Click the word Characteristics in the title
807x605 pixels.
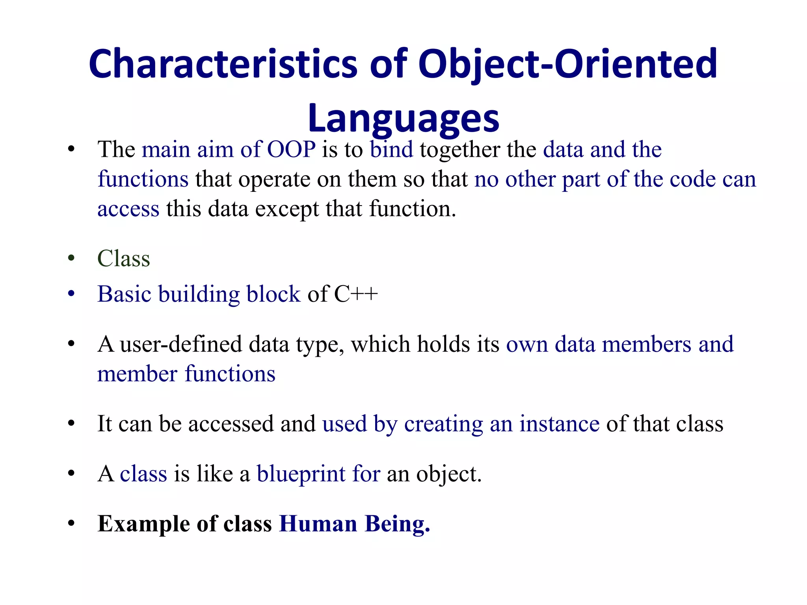click(223, 64)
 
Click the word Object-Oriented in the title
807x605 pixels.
click(567, 64)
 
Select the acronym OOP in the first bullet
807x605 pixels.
click(291, 150)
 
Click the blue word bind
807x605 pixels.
click(391, 150)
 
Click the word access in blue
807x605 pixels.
click(128, 209)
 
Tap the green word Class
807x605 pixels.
click(124, 259)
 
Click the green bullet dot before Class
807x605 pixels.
click(71, 258)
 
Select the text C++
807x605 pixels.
click(355, 294)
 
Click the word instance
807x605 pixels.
click(559, 424)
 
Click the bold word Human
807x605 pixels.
click(318, 524)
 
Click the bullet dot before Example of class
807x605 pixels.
click(71, 523)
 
